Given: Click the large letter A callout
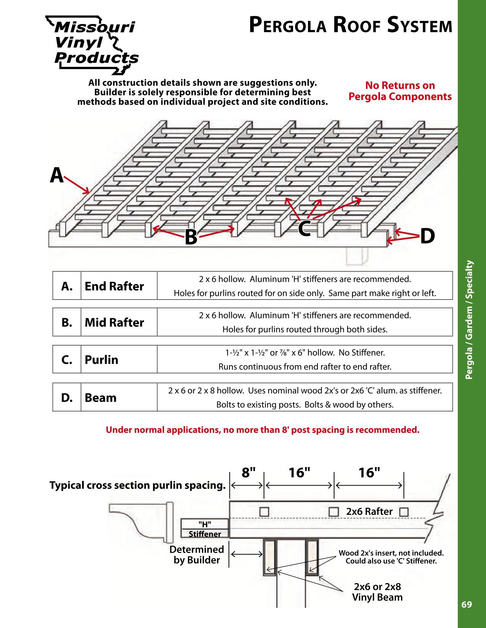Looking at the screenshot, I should click(57, 176).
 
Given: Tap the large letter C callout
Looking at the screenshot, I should click(304, 228).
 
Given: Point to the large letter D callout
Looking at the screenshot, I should click(427, 236).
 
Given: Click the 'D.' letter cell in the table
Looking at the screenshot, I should click(67, 398).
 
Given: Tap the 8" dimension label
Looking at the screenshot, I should click(248, 473).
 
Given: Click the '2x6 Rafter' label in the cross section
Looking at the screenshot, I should click(369, 511).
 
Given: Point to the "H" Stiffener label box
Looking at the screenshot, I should click(205, 528).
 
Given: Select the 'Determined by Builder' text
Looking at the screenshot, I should click(197, 554).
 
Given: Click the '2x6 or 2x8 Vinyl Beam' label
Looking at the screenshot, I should click(377, 592).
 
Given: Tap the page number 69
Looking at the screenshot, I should click(466, 604).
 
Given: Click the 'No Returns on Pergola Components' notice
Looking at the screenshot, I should click(400, 91).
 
